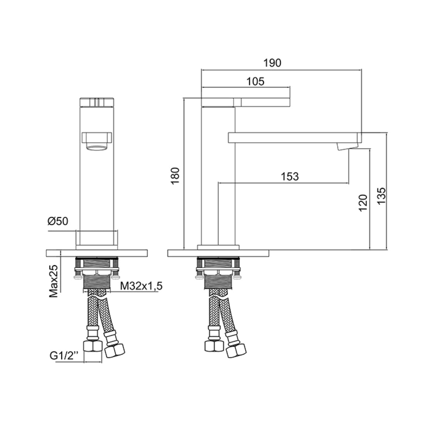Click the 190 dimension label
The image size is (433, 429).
(272, 63)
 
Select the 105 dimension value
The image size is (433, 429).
(255, 81)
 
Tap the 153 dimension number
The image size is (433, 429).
(290, 176)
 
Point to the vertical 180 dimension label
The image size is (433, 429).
(175, 176)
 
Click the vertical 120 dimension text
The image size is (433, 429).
(363, 203)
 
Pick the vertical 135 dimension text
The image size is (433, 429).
(381, 196)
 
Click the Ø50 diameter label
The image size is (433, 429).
(58, 221)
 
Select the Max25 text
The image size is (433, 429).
(54, 281)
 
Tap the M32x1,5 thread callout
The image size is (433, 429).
(141, 286)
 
